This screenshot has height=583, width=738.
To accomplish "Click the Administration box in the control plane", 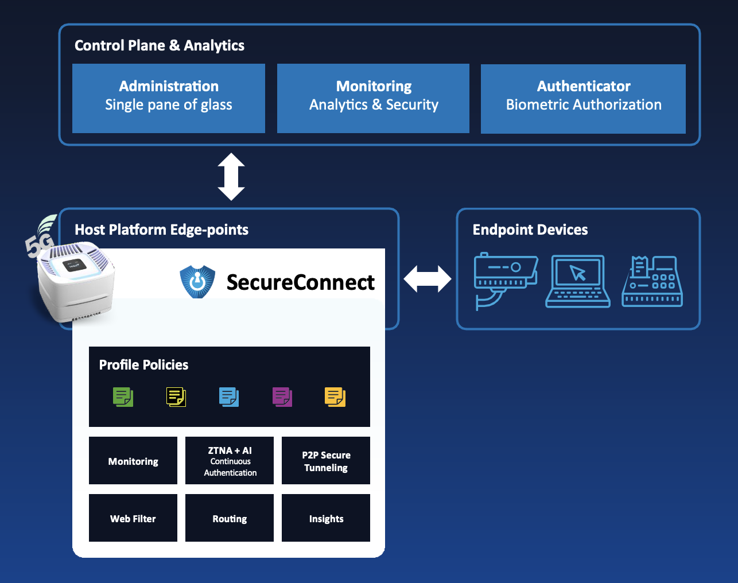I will pyautogui.click(x=169, y=98).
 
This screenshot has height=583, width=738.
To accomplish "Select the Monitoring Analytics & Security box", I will pyautogui.click(x=373, y=98).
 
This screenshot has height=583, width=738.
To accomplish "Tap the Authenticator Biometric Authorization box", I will pyautogui.click(x=583, y=98).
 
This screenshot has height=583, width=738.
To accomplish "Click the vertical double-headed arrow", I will pyautogui.click(x=231, y=176).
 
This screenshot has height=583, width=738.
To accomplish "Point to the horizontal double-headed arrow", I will pyautogui.click(x=428, y=279).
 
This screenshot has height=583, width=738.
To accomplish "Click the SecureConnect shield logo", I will pyautogui.click(x=197, y=281).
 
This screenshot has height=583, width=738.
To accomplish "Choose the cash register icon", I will pyautogui.click(x=652, y=281).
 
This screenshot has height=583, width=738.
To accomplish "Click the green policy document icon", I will pyautogui.click(x=123, y=397).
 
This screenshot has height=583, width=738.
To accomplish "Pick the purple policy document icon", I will pyautogui.click(x=282, y=397).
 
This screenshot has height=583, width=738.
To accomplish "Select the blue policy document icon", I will pyautogui.click(x=229, y=397).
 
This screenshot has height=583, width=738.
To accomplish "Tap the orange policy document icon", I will pyautogui.click(x=335, y=397).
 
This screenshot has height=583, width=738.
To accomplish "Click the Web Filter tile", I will pyautogui.click(x=133, y=518).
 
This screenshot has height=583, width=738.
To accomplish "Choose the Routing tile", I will pyautogui.click(x=230, y=518).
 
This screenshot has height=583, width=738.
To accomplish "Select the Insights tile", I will pyautogui.click(x=326, y=518).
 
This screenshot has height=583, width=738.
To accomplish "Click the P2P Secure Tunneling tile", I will pyautogui.click(x=326, y=461).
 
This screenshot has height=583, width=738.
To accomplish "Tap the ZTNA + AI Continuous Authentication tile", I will pyautogui.click(x=230, y=461).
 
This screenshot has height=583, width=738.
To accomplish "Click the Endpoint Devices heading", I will pyautogui.click(x=530, y=230).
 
